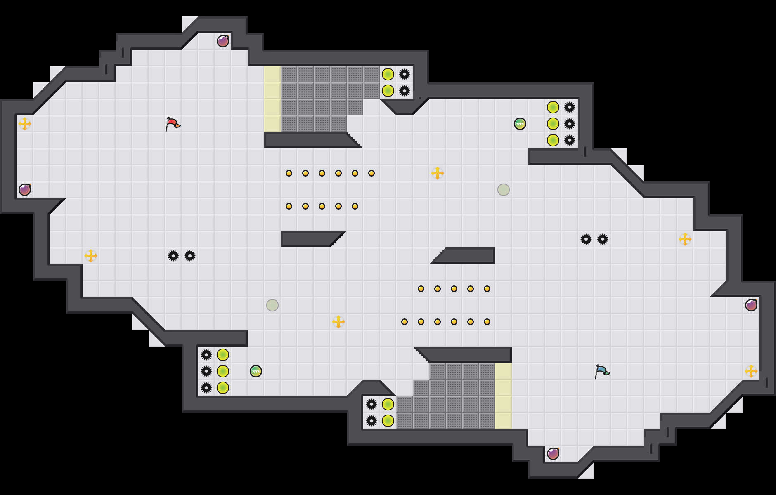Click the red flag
[173, 124]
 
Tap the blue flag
[602, 371]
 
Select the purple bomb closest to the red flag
[223, 41]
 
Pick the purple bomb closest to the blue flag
[553, 454]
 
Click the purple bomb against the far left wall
[25, 190]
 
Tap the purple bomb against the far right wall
[751, 305]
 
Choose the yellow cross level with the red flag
[25, 124]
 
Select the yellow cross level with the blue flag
[751, 371]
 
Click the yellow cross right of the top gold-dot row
[438, 173]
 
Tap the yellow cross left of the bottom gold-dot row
[338, 322]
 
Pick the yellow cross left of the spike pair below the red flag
[91, 256]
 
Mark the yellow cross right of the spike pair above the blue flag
[685, 239]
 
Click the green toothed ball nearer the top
[520, 124]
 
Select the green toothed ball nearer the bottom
[256, 371]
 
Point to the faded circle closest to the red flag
[272, 305]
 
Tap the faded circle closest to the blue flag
[504, 190]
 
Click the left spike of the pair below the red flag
[173, 256]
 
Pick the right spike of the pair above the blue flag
[603, 239]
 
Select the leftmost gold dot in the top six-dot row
[289, 173]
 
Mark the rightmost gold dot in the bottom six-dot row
[487, 322]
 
